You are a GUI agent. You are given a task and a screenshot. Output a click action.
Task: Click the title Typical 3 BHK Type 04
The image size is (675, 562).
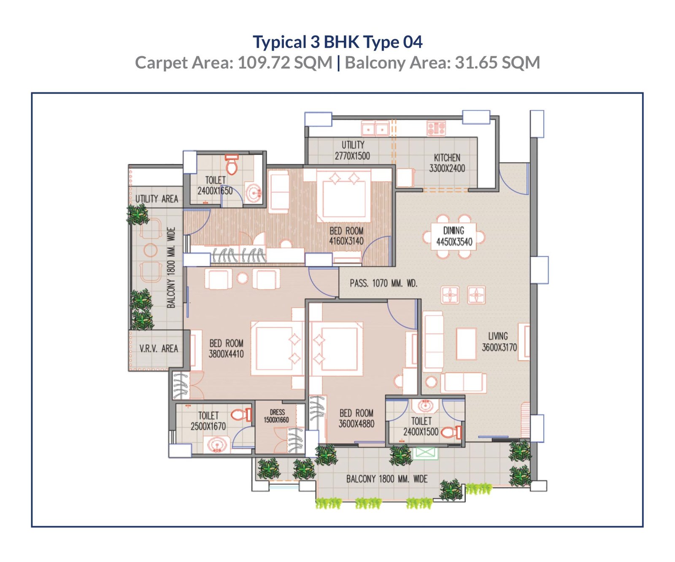tap(337, 42)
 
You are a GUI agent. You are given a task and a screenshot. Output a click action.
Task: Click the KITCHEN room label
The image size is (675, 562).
tap(447, 158)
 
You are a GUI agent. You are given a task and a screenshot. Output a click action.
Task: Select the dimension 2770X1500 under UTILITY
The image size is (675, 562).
tap(352, 156)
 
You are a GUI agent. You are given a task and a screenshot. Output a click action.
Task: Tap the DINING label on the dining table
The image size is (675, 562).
tap(454, 231)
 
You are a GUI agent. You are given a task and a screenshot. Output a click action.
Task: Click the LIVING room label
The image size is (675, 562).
tap(498, 336)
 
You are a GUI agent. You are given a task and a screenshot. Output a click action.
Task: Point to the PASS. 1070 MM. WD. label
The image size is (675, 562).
tap(383, 283)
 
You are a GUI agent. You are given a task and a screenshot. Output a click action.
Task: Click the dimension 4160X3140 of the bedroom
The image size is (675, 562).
tap(346, 241)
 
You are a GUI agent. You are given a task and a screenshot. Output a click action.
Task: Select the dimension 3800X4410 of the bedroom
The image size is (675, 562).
tap(226, 354)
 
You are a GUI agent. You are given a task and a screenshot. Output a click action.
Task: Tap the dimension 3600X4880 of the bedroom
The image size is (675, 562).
tap(356, 424)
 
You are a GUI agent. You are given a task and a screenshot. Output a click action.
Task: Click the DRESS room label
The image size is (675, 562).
tap(277, 412)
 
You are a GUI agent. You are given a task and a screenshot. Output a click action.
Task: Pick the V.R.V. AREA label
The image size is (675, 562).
tap(159, 349)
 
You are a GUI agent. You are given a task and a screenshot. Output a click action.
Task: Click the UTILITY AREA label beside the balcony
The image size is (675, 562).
tap(157, 199)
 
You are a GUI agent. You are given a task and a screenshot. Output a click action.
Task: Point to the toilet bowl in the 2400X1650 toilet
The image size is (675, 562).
tap(232, 165)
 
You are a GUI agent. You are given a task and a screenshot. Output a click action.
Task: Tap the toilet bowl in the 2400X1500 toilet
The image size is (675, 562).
tap(451, 432)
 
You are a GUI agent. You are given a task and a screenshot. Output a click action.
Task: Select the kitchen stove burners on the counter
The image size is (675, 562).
tap(436, 128)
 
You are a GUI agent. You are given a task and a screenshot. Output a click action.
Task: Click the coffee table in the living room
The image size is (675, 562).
tap(466, 344)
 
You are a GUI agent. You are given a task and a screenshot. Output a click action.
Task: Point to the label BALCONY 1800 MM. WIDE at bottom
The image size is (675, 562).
tap(387, 479)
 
